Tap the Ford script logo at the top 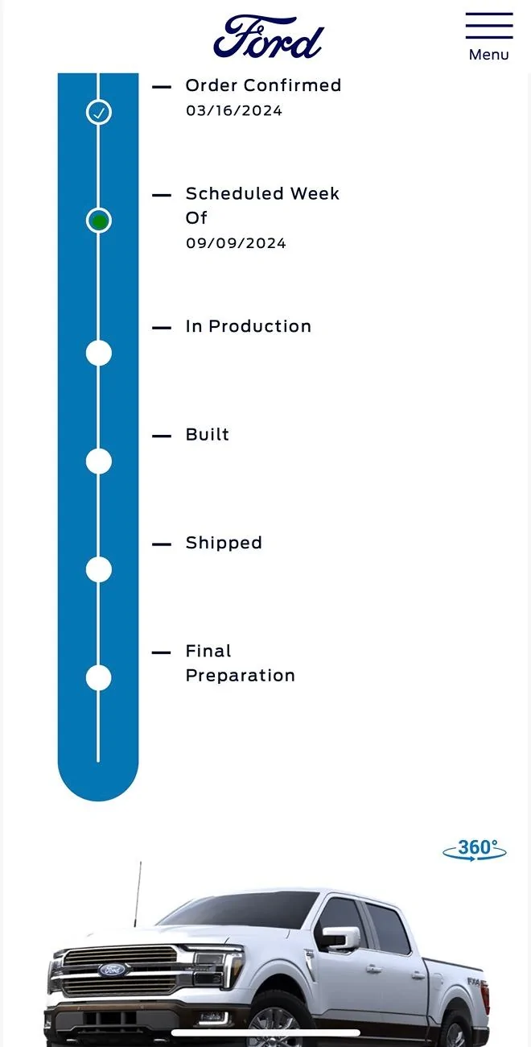268,37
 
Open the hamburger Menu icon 488,26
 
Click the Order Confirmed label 263,85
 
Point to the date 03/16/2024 234,111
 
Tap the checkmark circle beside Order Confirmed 98,112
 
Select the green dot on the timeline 98,221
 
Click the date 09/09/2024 236,243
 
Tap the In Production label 248,326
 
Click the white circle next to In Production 98,353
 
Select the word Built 208,435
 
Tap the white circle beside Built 98,461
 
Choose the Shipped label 224,543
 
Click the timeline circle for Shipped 98,569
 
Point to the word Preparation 240,676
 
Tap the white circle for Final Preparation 98,677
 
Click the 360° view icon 475,850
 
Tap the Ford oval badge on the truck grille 113,970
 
